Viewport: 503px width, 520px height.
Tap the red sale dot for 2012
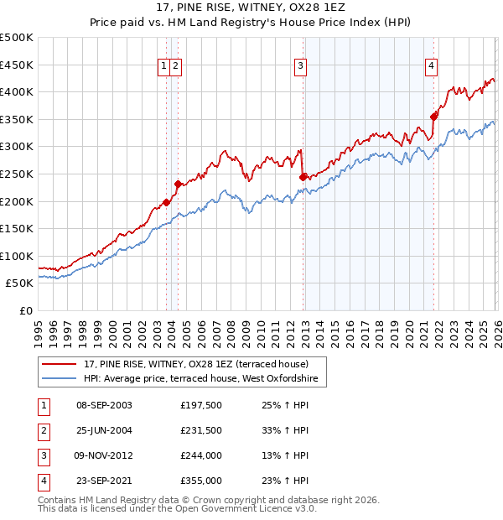303,177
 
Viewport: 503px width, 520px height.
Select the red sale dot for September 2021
433,117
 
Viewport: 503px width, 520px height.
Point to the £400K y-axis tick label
17,92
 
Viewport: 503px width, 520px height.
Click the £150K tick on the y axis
17,228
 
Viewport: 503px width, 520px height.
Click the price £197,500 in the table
200,405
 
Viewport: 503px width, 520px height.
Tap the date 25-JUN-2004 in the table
104,430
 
